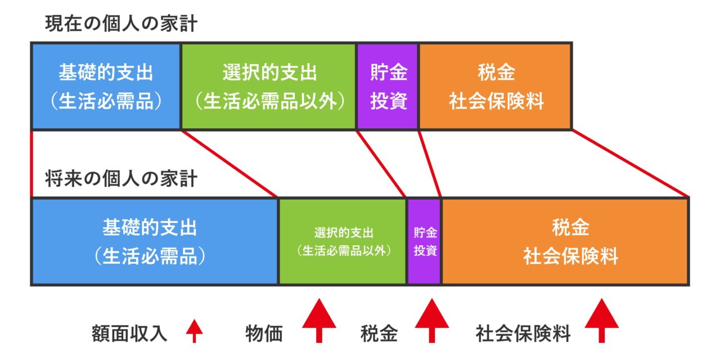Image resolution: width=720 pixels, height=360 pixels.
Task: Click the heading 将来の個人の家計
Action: coord(121,179)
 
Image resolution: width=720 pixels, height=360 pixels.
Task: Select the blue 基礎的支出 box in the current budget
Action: coord(106,86)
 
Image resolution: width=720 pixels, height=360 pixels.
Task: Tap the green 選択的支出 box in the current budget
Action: coord(269,86)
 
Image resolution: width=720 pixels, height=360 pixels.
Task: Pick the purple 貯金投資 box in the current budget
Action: coord(388,86)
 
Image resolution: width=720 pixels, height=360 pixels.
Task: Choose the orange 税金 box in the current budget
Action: coord(496,86)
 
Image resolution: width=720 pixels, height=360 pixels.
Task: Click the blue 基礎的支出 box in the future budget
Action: coord(155,241)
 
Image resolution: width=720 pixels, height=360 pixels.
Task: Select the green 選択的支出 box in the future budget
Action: coord(343,241)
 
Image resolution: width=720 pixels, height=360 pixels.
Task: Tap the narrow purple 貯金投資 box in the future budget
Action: coord(425,241)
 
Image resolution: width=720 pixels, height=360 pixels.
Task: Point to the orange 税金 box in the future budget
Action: coord(565,241)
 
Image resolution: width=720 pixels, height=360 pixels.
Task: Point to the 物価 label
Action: coord(264,334)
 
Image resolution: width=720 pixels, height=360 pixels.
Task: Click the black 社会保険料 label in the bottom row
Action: coord(523,334)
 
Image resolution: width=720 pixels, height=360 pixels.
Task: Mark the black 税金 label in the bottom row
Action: coord(379,334)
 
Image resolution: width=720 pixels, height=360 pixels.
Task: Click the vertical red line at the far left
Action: coord(31,163)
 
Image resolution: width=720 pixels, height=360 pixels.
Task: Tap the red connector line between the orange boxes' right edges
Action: coord(630,163)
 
